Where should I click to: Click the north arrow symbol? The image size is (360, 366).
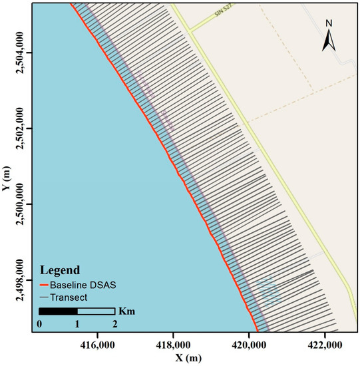(x=328, y=43)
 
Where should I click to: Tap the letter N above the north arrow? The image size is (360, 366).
(x=329, y=24)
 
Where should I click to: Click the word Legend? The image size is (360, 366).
(x=60, y=271)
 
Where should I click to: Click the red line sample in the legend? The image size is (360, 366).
(x=47, y=284)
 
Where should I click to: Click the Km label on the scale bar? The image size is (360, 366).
(x=126, y=311)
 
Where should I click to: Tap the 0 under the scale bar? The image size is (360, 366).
(x=39, y=324)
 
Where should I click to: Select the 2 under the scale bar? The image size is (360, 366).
(x=115, y=324)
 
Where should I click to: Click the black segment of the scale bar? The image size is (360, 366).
(x=58, y=311)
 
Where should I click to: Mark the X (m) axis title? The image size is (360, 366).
(x=193, y=357)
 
